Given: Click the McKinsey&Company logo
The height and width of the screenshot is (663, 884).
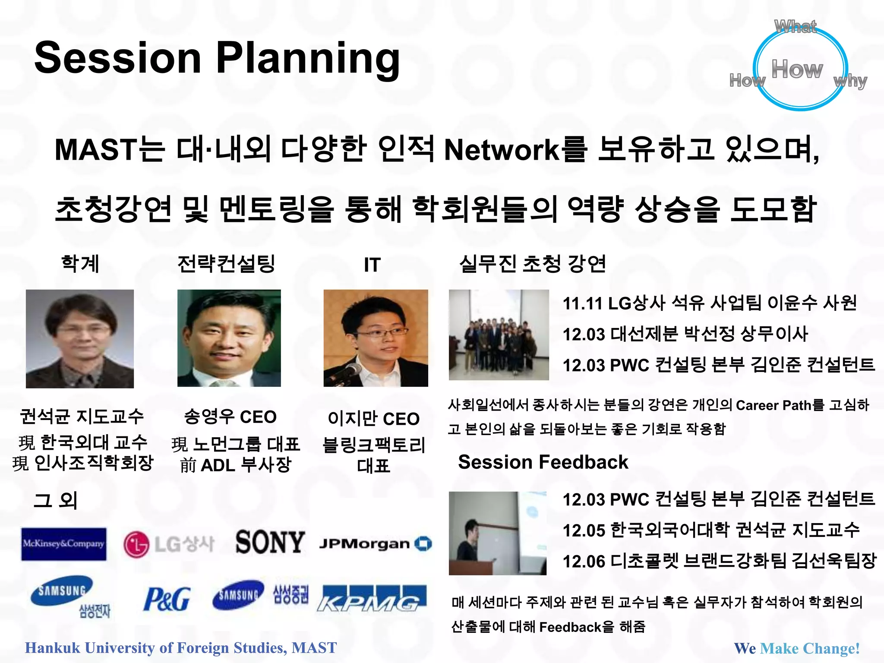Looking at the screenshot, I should [x=63, y=544].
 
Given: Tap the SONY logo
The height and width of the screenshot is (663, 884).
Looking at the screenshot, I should [x=270, y=542].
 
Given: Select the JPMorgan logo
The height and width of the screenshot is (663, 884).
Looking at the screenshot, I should [x=375, y=544].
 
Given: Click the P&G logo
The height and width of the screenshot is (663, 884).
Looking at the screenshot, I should [x=167, y=599].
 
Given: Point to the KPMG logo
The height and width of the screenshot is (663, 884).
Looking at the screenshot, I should [x=372, y=599].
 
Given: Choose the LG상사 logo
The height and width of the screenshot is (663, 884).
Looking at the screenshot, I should [x=169, y=544].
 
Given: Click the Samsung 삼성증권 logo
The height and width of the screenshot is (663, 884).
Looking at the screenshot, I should [x=260, y=595].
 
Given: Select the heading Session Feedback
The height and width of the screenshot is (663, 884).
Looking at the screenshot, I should [x=543, y=462].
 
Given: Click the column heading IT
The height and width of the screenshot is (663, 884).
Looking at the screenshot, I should [x=372, y=265].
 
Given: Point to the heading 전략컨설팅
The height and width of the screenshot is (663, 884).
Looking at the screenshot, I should [x=226, y=264].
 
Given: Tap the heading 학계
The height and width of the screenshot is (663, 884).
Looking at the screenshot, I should [x=80, y=264].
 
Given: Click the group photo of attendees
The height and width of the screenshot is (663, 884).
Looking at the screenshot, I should [x=499, y=335].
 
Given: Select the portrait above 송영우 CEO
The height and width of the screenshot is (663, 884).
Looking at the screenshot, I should [x=229, y=338].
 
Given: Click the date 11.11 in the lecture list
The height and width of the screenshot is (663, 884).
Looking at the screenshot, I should [x=582, y=303].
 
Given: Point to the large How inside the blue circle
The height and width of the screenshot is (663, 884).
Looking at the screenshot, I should [x=797, y=69].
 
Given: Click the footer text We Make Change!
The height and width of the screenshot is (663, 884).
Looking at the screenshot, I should [x=797, y=648].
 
